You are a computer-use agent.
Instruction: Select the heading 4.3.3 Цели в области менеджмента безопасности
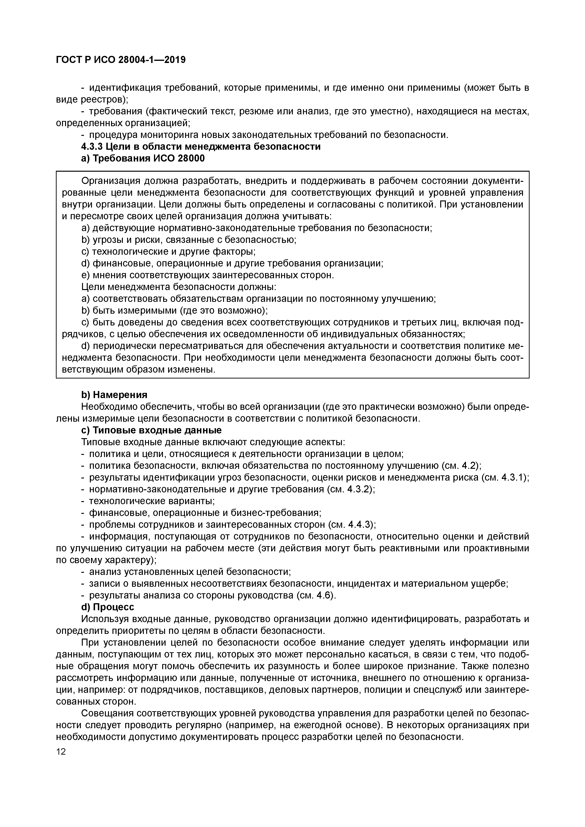(x=201, y=147)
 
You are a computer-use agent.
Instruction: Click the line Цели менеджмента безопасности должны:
(x=179, y=287)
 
